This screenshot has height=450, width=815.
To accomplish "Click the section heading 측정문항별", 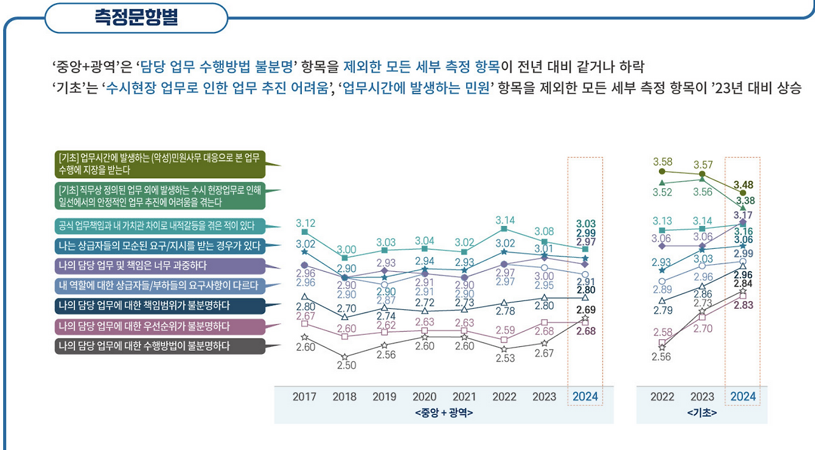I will pos(136,17).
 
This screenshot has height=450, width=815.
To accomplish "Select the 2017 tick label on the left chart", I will pos(304,397).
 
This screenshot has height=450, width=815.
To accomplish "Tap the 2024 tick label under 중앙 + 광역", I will pos(585,397).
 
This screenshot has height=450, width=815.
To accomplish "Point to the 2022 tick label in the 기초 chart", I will pos(662,397).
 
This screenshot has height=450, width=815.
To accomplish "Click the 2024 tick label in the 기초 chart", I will pos(743,397).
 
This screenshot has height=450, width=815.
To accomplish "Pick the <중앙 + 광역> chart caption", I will pos(443,412).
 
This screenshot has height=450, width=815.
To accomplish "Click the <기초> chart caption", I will pos(702,412).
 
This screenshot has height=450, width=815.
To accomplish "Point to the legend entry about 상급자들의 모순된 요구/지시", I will pos(159,245).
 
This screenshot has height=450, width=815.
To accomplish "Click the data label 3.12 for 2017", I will pos(305,223).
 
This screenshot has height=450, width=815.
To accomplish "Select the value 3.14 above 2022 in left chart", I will pos(504,220).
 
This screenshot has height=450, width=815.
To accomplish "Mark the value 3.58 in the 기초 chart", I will pos(662,162).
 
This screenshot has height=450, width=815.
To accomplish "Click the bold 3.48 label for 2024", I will pos(743,185).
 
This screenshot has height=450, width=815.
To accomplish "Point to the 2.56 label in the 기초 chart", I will pos(662,357).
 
